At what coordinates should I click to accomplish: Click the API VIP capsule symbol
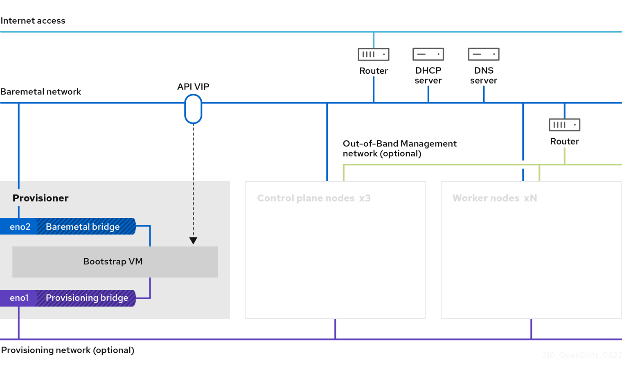[193, 109]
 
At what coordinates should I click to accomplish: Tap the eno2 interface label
[20, 227]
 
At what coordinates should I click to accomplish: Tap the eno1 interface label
[19, 298]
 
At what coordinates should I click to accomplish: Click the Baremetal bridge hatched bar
[86, 227]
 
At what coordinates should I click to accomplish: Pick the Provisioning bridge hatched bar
[86, 298]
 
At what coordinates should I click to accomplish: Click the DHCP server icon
[428, 54]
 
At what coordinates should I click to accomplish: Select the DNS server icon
[483, 54]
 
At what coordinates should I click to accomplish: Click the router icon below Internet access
[373, 54]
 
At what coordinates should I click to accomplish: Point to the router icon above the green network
[564, 125]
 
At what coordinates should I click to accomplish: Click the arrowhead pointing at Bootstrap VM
[193, 241]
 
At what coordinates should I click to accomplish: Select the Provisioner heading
[41, 198]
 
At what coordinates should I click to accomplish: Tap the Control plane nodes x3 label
[313, 198]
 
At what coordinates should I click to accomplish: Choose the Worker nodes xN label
[494, 198]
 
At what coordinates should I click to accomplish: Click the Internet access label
[33, 20]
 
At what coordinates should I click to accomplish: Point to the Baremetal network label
[41, 92]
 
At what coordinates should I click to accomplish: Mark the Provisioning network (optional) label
[68, 350]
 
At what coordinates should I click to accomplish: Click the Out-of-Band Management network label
[399, 149]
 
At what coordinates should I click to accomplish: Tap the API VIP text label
[193, 87]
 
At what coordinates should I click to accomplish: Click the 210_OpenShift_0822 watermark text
[581, 355]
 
